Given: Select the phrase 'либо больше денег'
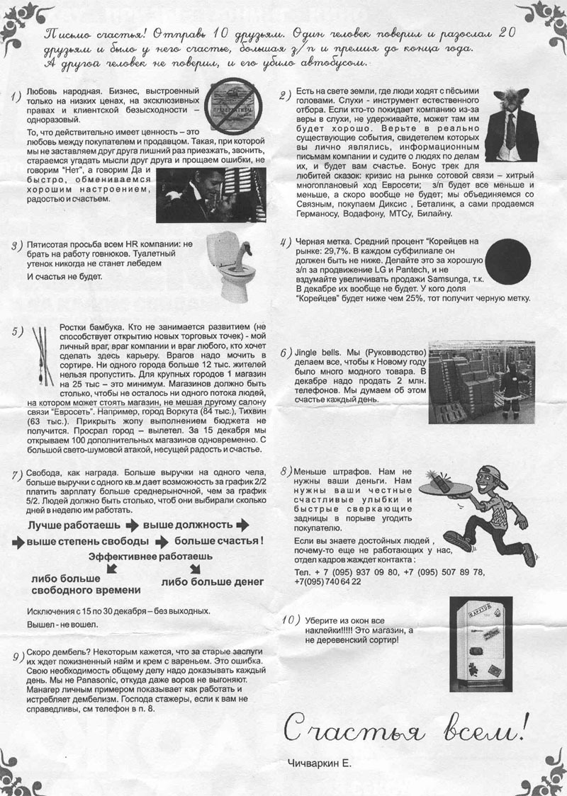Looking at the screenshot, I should coord(213,581).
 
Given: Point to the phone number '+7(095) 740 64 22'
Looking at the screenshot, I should coord(327,581).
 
